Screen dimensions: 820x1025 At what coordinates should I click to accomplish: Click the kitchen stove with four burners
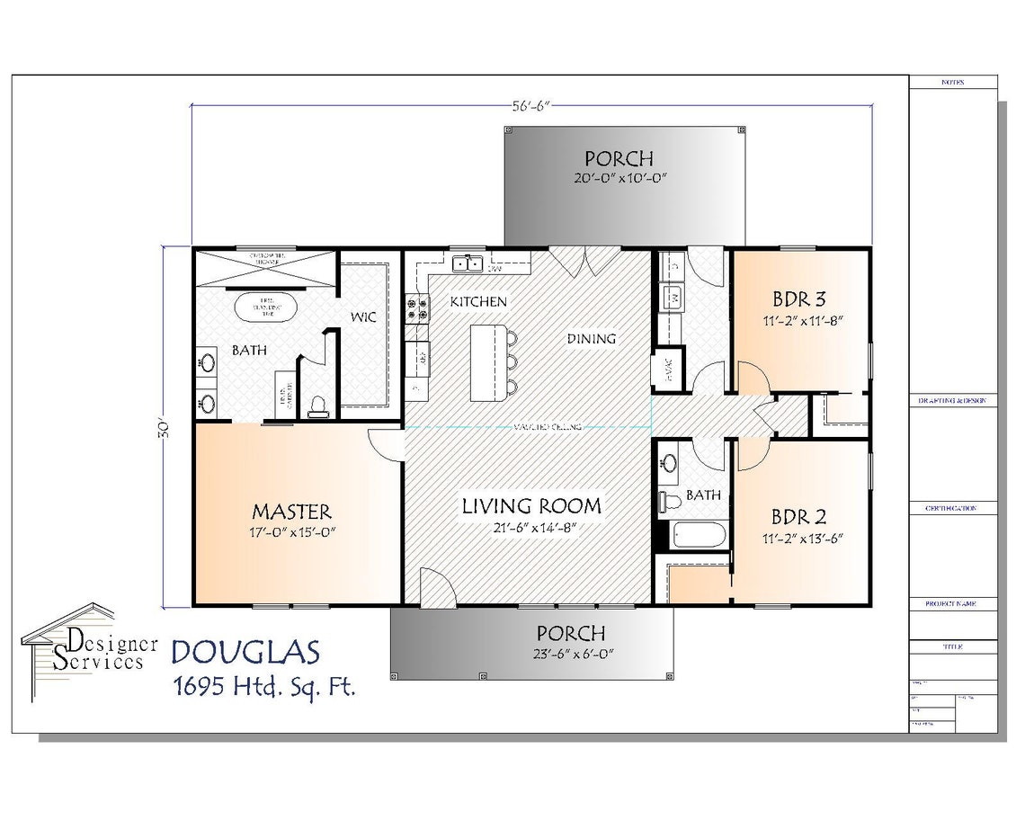coord(417,308)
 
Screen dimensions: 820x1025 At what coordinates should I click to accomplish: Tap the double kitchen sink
coord(466,263)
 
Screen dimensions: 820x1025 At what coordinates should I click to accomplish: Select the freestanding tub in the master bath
coord(267,308)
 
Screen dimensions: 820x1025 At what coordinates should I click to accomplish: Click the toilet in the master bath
coord(316,407)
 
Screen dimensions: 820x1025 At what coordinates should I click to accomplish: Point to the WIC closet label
coord(362,317)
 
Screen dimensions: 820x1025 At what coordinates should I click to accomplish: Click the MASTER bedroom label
coord(291,512)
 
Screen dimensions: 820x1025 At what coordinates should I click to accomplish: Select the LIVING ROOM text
coord(531,505)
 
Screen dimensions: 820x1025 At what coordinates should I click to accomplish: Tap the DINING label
coord(591,339)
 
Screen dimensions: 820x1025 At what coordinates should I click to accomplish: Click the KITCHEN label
coord(478,301)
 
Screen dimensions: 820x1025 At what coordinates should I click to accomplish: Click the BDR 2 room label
coord(799,518)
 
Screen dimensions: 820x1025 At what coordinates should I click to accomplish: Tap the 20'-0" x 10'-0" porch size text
coord(619,178)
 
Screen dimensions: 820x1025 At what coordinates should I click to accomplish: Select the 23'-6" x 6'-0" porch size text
coord(570,654)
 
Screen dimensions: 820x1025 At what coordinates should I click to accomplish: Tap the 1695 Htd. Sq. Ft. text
coord(263,688)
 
